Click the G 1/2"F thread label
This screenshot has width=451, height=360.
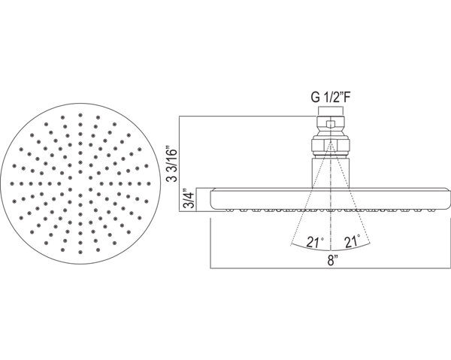[331, 98]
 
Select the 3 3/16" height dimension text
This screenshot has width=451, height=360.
[173, 165]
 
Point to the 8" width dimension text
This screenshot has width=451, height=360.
[331, 261]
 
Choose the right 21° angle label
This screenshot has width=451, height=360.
[353, 241]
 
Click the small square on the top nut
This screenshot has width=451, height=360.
[331, 125]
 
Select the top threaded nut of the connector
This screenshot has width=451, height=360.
[331, 124]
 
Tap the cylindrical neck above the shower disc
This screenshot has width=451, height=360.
[331, 173]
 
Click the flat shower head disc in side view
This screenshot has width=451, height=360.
[330, 200]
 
